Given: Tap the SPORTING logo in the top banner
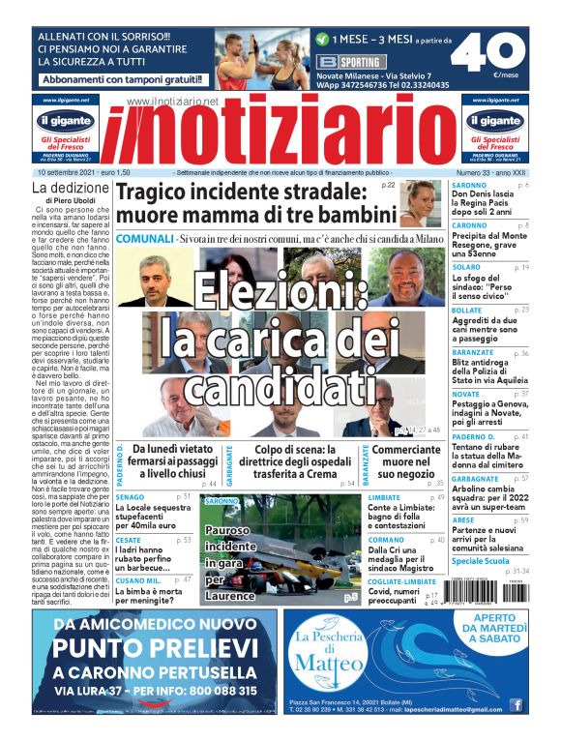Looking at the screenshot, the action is (340, 62).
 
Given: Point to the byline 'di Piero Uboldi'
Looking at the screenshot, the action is (71, 200).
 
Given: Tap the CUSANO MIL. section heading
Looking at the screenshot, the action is (137, 579).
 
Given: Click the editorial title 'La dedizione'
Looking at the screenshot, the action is (70, 187).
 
